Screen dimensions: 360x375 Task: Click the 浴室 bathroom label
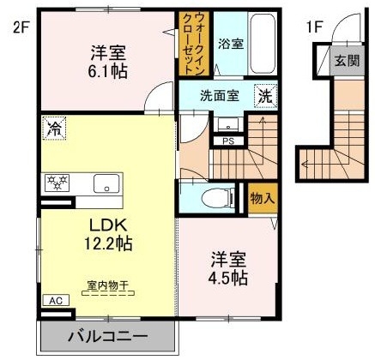pos(229,44)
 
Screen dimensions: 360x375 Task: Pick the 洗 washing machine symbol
pos(266,97)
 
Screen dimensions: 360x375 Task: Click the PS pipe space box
pos(228,140)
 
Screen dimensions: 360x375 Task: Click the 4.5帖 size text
pos(227,279)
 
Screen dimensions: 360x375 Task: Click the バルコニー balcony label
pos(107,336)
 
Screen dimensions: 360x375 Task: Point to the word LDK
pos(107,225)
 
